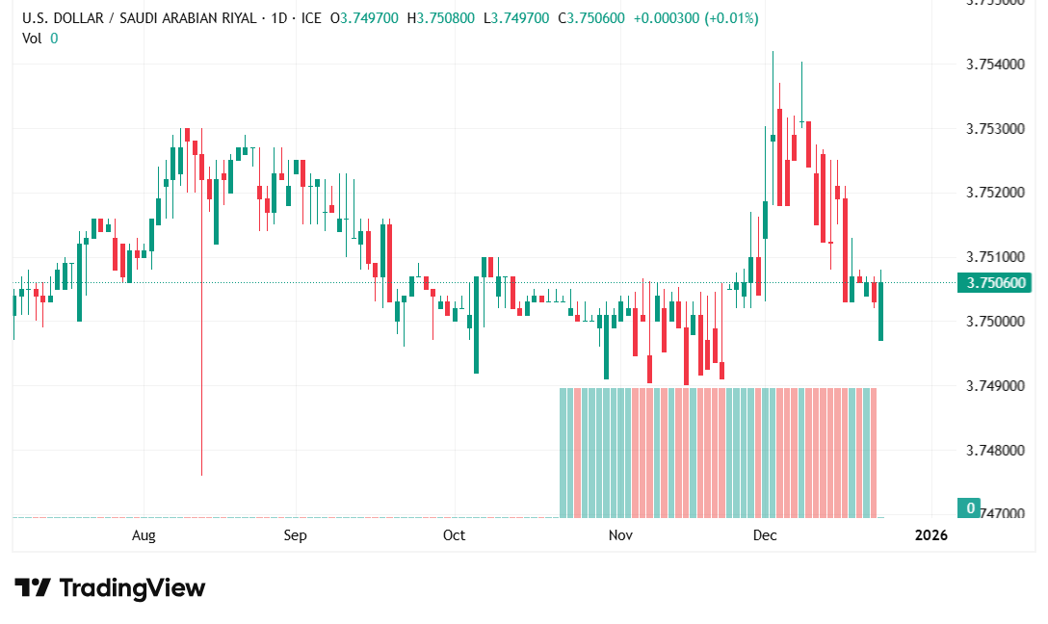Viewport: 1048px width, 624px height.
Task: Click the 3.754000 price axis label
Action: click(x=994, y=65)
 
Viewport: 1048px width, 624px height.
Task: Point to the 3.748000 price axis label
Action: click(x=994, y=450)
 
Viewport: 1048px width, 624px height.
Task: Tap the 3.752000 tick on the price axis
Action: click(x=994, y=193)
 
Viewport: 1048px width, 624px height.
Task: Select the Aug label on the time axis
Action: click(x=144, y=534)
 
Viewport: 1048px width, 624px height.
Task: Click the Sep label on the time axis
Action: click(x=295, y=534)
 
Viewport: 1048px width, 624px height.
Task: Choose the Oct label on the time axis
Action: click(x=454, y=534)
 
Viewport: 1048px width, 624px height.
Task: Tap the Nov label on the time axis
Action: click(x=620, y=534)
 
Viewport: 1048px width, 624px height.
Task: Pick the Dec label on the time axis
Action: click(x=765, y=534)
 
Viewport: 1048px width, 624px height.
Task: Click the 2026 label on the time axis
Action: click(x=930, y=534)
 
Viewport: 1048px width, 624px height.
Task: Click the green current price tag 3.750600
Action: click(x=993, y=282)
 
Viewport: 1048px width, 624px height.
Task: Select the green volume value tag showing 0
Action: click(x=971, y=507)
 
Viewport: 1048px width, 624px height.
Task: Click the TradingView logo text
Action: click(x=132, y=587)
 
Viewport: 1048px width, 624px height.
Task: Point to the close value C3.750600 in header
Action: click(x=589, y=18)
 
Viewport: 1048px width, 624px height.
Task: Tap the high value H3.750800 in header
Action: click(x=441, y=18)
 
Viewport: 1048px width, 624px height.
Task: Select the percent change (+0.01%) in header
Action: click(x=731, y=18)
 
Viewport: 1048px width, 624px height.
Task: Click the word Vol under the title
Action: click(x=32, y=38)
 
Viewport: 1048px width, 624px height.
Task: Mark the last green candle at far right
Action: click(x=880, y=311)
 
